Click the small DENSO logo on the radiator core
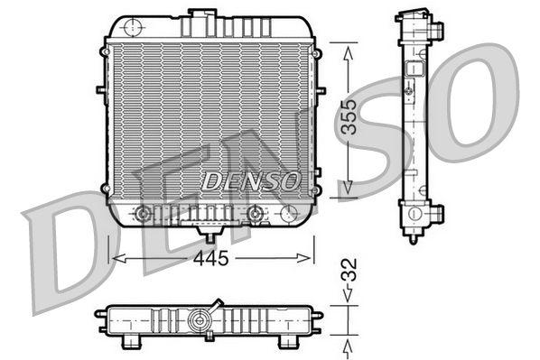(x=250, y=180)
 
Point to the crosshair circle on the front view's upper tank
(x=134, y=25)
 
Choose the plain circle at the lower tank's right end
(x=288, y=214)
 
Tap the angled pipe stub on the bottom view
(x=217, y=303)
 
